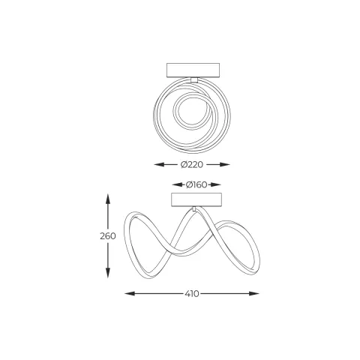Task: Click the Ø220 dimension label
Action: [x=192, y=165]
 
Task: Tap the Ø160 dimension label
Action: [x=196, y=184]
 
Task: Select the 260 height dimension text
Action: [x=108, y=236]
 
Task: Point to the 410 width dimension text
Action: [x=192, y=293]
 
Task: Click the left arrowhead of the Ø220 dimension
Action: [x=159, y=164]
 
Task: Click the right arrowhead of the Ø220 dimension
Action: [x=225, y=164]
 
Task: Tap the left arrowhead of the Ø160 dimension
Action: [x=177, y=184]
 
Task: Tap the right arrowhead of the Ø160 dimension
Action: [x=216, y=184]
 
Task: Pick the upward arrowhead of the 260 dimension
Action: [x=108, y=199]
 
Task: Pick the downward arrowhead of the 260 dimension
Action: [x=108, y=272]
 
